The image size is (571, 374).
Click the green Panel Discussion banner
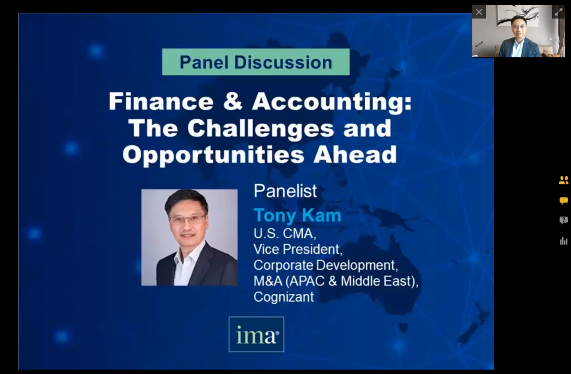tap(256, 62)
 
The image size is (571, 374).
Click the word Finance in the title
tap(161, 102)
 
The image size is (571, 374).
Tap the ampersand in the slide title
tap(232, 102)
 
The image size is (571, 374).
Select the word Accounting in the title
tap(331, 102)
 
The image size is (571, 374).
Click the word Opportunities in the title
tap(213, 155)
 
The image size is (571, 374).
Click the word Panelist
tap(285, 191)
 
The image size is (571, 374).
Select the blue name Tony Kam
tap(297, 216)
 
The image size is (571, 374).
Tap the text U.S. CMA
tap(284, 233)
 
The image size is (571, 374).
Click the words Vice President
tap(297, 249)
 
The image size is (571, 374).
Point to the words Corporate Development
tap(326, 265)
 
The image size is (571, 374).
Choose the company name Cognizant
tap(283, 297)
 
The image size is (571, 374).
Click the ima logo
tap(256, 335)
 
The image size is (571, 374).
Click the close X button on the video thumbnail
tap(479, 12)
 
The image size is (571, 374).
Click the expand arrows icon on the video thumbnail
tap(558, 12)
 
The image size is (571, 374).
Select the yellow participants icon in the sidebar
tap(564, 180)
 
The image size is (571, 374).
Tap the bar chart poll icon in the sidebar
tap(564, 241)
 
